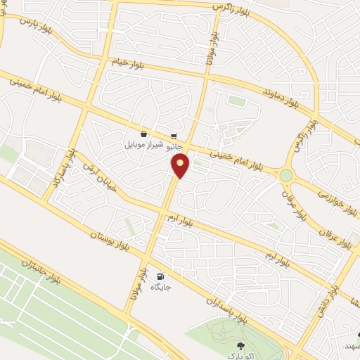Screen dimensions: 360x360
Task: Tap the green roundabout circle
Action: pos(285,175)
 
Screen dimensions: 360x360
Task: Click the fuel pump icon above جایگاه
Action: pos(162,276)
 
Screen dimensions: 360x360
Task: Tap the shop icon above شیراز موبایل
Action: pos(143,134)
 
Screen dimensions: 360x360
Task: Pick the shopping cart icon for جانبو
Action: pos(174,136)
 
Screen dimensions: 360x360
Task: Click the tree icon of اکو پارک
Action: pos(241,345)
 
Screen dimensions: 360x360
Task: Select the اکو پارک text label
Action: pos(241,356)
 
